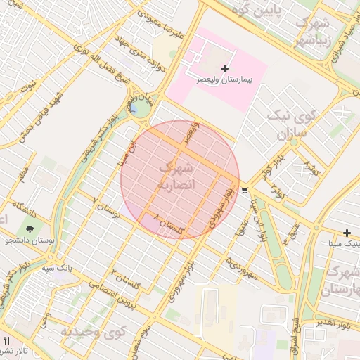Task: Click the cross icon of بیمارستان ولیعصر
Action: coord(224,68)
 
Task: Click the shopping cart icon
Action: coord(244,191)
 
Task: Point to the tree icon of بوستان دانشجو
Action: coord(30,229)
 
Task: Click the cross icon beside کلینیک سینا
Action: coord(347,233)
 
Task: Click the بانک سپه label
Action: coord(58,268)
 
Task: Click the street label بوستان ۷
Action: coord(106,208)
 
